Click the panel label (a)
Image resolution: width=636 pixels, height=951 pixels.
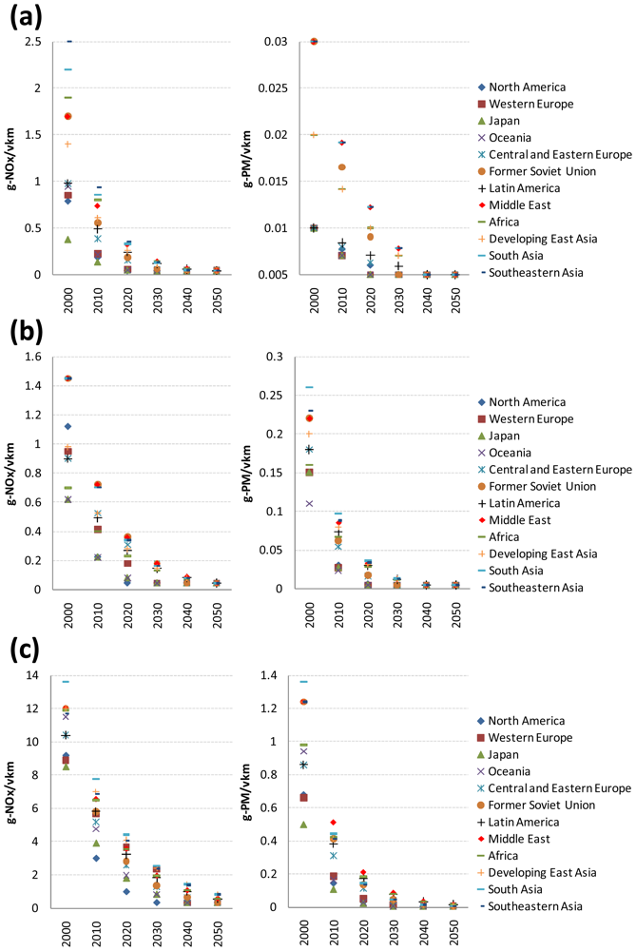(x=26, y=17)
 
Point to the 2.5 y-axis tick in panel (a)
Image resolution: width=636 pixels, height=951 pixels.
(x=34, y=42)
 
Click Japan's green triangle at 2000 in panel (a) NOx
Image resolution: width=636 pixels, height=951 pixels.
(x=67, y=239)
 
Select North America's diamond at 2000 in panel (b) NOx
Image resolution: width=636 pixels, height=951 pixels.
(x=67, y=426)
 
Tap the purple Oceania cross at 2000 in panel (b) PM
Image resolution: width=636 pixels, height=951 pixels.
(x=309, y=503)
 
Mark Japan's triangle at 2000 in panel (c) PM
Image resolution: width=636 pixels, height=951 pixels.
(x=304, y=825)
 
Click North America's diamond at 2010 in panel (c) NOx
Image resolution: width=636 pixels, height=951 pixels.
(x=96, y=858)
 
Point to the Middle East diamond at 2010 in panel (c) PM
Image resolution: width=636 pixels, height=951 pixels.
(x=333, y=822)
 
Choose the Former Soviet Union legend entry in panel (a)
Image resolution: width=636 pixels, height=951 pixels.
(x=536, y=171)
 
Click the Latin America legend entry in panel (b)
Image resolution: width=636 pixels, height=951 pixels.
(x=519, y=503)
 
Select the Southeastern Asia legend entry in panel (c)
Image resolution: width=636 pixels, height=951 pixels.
(x=530, y=906)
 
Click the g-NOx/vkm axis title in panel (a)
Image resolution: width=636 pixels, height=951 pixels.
(x=10, y=158)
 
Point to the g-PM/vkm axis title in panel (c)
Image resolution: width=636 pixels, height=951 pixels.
(x=247, y=793)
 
